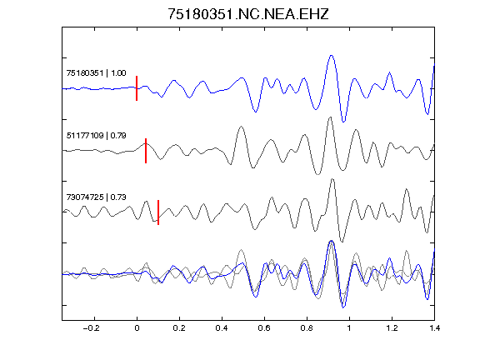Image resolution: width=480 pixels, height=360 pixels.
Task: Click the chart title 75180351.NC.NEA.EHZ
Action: (x=248, y=14)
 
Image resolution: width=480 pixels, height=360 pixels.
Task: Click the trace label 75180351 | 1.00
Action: (x=96, y=73)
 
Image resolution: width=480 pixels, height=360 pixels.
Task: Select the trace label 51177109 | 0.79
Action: (x=96, y=136)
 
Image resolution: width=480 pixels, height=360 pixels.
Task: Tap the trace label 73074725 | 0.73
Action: (x=96, y=197)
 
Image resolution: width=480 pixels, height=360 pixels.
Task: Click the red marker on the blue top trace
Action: (x=137, y=88)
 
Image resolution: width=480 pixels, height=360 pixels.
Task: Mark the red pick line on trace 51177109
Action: (x=146, y=151)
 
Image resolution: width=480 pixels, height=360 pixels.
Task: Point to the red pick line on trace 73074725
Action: (x=158, y=212)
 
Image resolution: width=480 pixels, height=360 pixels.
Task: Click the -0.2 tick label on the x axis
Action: (x=92, y=328)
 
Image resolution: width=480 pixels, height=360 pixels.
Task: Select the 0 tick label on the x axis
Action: (x=137, y=328)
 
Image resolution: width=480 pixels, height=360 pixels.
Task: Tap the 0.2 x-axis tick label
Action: (x=179, y=328)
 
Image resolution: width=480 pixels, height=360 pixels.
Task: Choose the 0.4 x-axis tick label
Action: (x=222, y=328)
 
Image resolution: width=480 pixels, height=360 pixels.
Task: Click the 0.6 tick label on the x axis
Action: (x=264, y=328)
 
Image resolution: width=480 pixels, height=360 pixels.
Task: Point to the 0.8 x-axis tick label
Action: (x=307, y=328)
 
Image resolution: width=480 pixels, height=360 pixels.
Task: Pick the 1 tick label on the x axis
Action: (x=349, y=328)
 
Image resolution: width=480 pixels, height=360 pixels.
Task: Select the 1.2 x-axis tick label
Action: (x=392, y=328)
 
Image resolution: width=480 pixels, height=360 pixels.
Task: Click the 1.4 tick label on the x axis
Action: (x=434, y=328)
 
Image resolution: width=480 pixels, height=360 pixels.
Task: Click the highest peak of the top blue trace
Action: (x=331, y=56)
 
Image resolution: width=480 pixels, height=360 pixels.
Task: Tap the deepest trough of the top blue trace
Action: (x=343, y=122)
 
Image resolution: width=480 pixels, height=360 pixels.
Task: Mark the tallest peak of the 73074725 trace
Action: (x=332, y=179)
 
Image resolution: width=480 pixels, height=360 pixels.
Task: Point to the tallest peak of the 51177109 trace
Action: (x=330, y=117)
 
